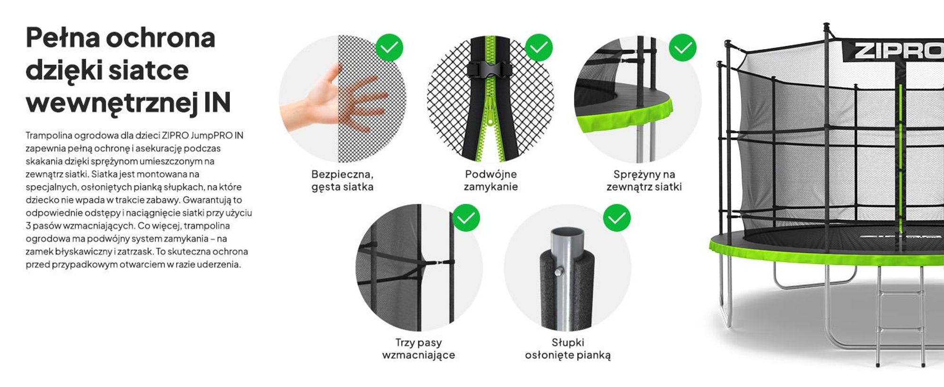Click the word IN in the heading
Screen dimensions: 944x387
click(x=217, y=102)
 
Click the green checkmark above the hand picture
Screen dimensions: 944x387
click(x=389, y=47)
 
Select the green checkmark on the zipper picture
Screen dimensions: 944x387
click(x=539, y=47)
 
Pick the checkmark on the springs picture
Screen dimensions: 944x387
click(x=683, y=47)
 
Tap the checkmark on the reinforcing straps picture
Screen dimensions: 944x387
click(x=466, y=218)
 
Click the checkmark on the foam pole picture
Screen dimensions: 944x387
click(x=616, y=218)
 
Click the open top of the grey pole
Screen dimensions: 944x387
click(x=567, y=233)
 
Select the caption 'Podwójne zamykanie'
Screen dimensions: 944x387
click(x=491, y=180)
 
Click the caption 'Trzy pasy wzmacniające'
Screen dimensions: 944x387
click(x=419, y=349)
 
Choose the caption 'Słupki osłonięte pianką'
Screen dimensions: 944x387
click(x=568, y=349)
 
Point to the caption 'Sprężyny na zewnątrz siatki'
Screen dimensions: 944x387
click(x=644, y=180)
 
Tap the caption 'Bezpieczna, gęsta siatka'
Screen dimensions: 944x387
click(x=343, y=180)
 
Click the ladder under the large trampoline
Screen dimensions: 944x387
click(x=900, y=316)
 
